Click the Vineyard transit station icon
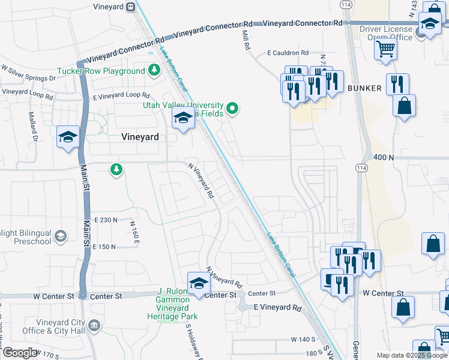coord(130,7)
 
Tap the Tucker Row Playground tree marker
coord(154,71)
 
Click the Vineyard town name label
coord(140,137)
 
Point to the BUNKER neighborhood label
coord(364,88)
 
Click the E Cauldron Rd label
coord(288,53)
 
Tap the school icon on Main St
coord(68,137)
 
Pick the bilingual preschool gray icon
coord(60,236)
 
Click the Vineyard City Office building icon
coord(94,326)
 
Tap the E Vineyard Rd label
coord(277,307)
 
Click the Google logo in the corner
coord(20,353)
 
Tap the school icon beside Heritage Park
coord(198,283)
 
